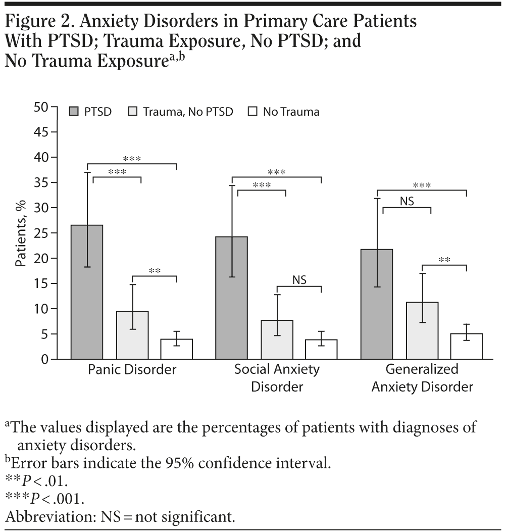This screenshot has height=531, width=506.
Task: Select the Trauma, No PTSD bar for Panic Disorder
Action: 132,335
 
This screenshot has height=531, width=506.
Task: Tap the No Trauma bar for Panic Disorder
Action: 177,349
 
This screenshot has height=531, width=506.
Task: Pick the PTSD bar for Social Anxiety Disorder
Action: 231,298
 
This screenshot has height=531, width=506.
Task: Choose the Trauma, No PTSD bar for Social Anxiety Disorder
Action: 277,340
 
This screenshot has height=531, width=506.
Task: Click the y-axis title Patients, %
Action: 20,233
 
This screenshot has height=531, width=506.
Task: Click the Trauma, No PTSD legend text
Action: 188,112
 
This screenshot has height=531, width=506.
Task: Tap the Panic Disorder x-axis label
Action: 132,370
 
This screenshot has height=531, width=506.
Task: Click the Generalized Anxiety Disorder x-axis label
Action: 422,378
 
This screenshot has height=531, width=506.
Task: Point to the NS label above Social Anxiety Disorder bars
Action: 299,279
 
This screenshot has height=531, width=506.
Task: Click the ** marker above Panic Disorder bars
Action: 155,271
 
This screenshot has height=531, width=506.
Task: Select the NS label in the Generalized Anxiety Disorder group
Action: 407,202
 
